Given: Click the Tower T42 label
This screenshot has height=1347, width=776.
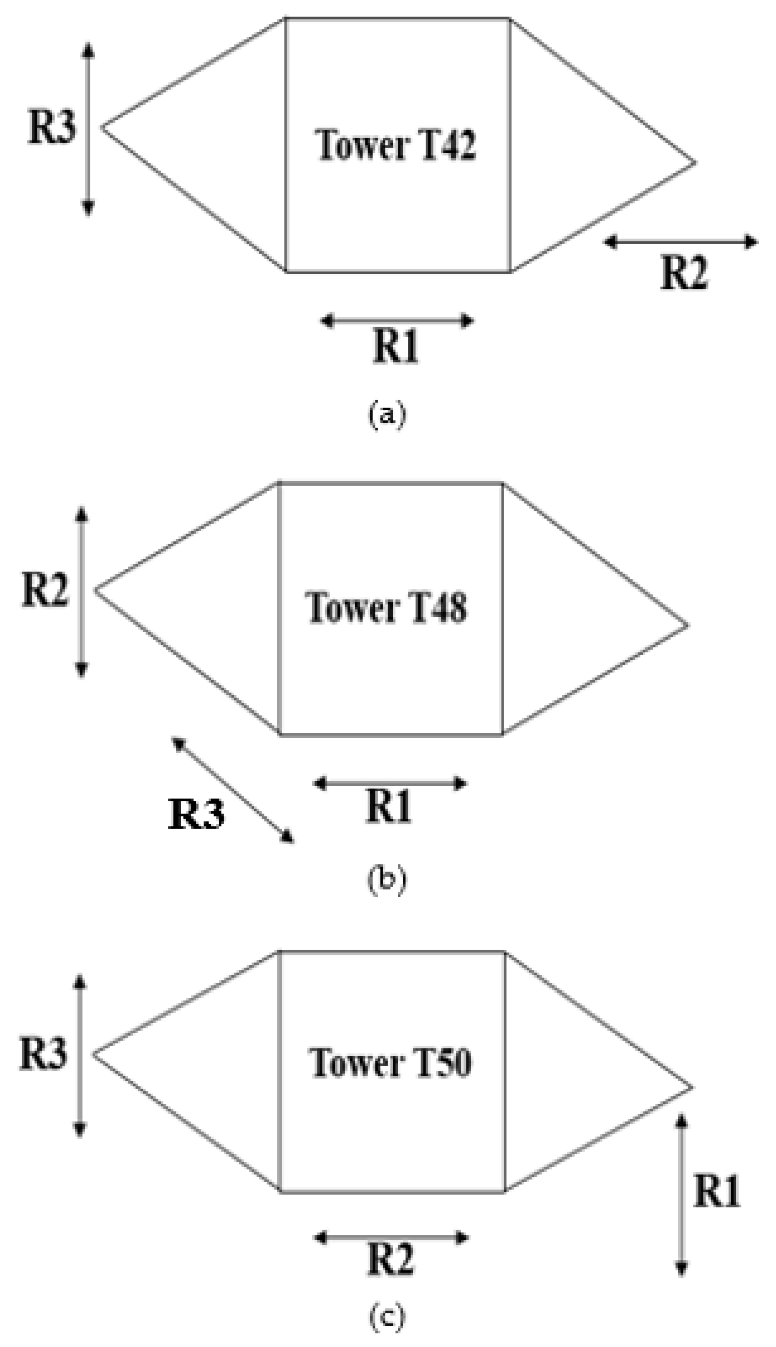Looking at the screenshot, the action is [x=396, y=144].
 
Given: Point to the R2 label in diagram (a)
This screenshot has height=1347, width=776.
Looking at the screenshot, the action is [x=684, y=273].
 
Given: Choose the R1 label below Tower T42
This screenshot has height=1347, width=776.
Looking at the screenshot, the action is [x=395, y=346].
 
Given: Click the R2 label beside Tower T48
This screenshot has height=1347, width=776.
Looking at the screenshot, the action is [x=45, y=590].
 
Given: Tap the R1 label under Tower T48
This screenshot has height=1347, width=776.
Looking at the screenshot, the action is [x=388, y=807].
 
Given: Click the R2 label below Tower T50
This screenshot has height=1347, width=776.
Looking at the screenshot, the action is [x=391, y=1261].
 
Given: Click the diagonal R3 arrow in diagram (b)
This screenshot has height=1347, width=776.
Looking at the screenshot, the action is [x=233, y=790].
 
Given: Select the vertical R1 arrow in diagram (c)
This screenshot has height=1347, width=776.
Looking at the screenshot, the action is [x=681, y=1195].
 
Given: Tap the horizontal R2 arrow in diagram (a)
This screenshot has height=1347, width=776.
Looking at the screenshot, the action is [x=681, y=242].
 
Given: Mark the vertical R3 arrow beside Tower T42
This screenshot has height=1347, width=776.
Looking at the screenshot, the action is [x=89, y=129].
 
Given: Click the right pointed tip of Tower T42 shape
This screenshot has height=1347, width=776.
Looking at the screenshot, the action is [x=695, y=162].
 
